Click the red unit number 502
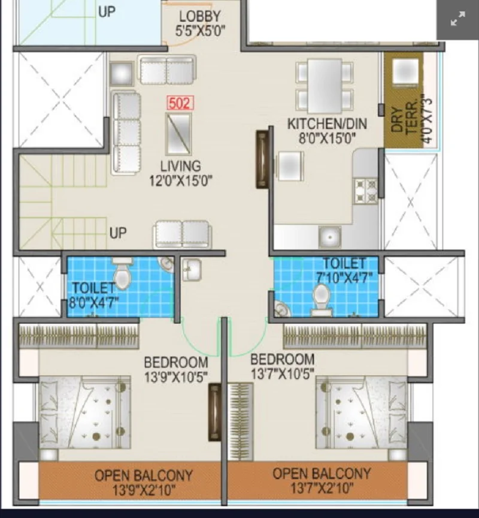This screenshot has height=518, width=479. point(180,103)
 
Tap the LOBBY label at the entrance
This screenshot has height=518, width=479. point(200,16)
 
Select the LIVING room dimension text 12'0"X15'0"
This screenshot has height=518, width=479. point(181,180)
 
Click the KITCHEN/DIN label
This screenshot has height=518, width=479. point(327,124)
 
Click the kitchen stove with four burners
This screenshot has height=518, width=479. point(366,191)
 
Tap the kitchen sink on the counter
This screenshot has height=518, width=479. point(329,237)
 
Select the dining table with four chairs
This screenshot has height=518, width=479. point(325,86)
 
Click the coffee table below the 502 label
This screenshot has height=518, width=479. point(178,134)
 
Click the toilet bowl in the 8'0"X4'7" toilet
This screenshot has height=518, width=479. point(122,273)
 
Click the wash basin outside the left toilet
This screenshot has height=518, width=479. point(192,270)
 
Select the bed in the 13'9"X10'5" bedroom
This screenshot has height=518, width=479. point(85,412)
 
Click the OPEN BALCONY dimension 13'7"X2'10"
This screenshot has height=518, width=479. point(322,487)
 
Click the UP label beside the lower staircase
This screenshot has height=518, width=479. point(118,233)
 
